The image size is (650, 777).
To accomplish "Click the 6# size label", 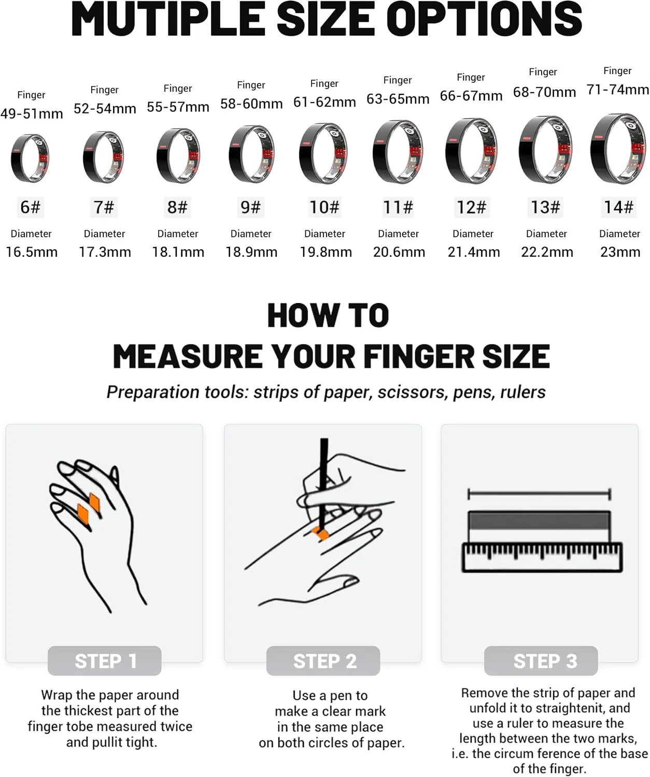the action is tap(30, 207).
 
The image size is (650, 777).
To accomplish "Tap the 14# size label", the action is tap(618, 207).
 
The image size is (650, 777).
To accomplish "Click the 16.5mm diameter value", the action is tap(32, 252).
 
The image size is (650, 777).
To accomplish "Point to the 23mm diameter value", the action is tap(620, 252).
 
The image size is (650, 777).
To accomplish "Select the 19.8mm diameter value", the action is tap(326, 252).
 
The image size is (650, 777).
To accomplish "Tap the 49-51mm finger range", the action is tap(32, 113).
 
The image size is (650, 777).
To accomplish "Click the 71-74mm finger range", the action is tap(617, 89).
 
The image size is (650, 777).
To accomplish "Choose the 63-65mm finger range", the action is tap(398, 98).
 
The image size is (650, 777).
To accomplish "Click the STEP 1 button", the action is tap(105, 661).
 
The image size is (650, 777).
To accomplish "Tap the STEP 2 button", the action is tap(323, 661).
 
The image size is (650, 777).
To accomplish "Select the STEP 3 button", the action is tap(541, 661).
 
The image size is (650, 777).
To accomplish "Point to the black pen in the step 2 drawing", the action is tap(323, 484).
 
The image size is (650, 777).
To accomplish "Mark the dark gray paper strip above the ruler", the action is tap(539, 520).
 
